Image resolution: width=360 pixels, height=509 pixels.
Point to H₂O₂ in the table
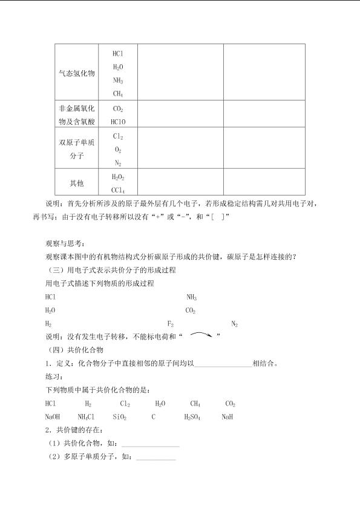[x=118, y=177]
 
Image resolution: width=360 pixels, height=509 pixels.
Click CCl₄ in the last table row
[x=118, y=189]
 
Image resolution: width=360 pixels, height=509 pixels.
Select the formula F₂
[x=171, y=324]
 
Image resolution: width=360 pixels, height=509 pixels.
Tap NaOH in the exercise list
[x=53, y=417]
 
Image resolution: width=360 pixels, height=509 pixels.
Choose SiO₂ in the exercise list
[x=119, y=417]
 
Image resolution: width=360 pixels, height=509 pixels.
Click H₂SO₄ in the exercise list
[x=192, y=417]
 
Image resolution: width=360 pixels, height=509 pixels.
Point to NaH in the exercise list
[x=227, y=417]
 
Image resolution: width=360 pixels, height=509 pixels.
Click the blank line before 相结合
[x=223, y=364]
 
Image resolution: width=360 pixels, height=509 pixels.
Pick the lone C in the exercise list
[x=154, y=417]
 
